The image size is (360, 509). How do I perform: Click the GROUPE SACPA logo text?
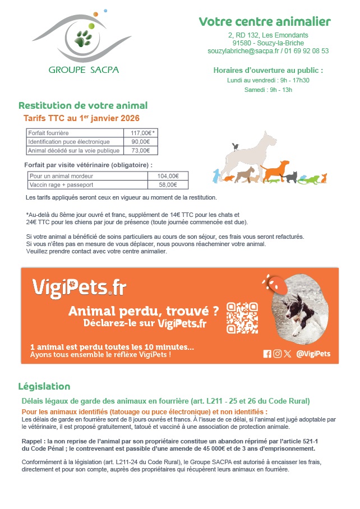(x=84, y=70)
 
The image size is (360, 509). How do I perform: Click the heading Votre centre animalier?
(x=265, y=22)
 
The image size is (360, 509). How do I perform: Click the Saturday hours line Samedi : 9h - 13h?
(x=268, y=90)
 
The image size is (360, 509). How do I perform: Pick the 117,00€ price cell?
(x=141, y=133)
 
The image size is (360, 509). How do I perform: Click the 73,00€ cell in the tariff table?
(x=141, y=150)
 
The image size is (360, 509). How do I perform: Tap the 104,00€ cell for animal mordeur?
(x=168, y=176)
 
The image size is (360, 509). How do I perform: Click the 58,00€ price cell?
(x=168, y=184)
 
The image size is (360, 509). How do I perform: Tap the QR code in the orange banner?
(x=242, y=318)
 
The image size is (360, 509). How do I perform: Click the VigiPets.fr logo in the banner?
(x=79, y=288)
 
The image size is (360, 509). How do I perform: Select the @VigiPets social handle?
(x=313, y=353)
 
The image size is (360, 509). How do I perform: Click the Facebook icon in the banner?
(x=267, y=354)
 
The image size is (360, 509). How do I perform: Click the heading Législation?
(x=44, y=386)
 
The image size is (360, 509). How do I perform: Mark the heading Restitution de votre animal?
(x=83, y=105)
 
